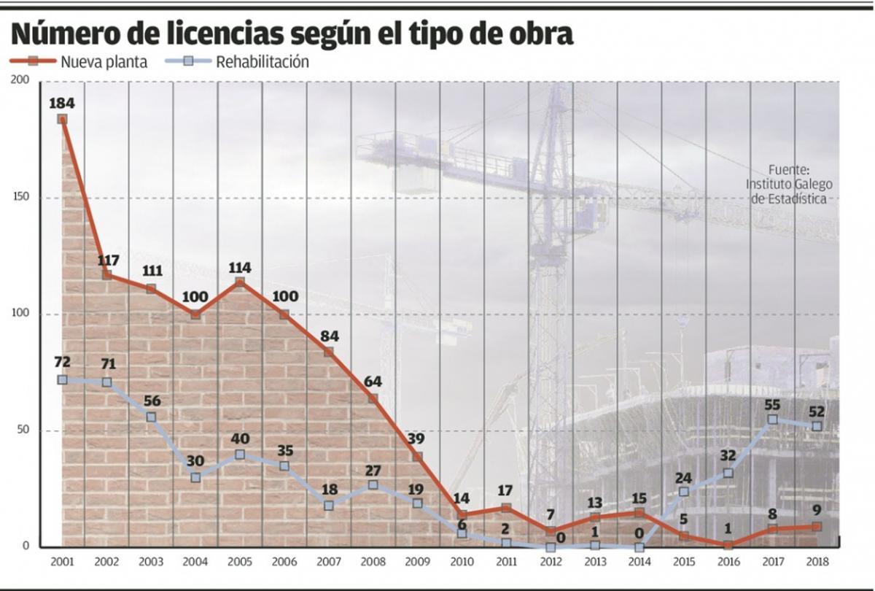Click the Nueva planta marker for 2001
tap(63, 119)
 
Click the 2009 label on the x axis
tap(417, 563)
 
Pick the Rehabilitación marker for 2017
tap(772, 420)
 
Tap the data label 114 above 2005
tap(240, 266)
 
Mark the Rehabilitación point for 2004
tap(195, 477)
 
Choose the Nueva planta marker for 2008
tap(373, 398)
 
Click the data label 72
tap(63, 363)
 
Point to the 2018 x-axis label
tap(817, 563)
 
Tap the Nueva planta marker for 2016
tap(728, 544)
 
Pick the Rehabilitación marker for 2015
tap(683, 492)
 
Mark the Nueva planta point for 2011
tap(506, 508)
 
